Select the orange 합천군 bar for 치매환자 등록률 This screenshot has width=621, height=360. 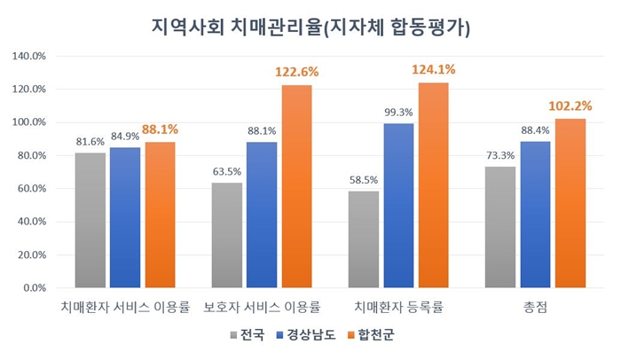[x=434, y=185]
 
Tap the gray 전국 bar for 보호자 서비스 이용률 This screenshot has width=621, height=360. [x=227, y=235]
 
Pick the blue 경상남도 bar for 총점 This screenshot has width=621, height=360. [x=535, y=215]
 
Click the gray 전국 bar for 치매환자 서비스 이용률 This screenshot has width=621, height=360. [x=90, y=220]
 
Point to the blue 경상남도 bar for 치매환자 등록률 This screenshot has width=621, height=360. [x=399, y=206]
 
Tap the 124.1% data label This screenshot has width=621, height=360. [x=434, y=69]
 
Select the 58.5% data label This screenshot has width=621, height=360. [x=364, y=178]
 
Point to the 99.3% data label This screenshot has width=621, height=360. [x=399, y=111]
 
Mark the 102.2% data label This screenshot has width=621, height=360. [x=570, y=106]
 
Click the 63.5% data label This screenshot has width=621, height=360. [x=227, y=170]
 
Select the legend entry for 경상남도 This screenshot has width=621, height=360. [x=306, y=336]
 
